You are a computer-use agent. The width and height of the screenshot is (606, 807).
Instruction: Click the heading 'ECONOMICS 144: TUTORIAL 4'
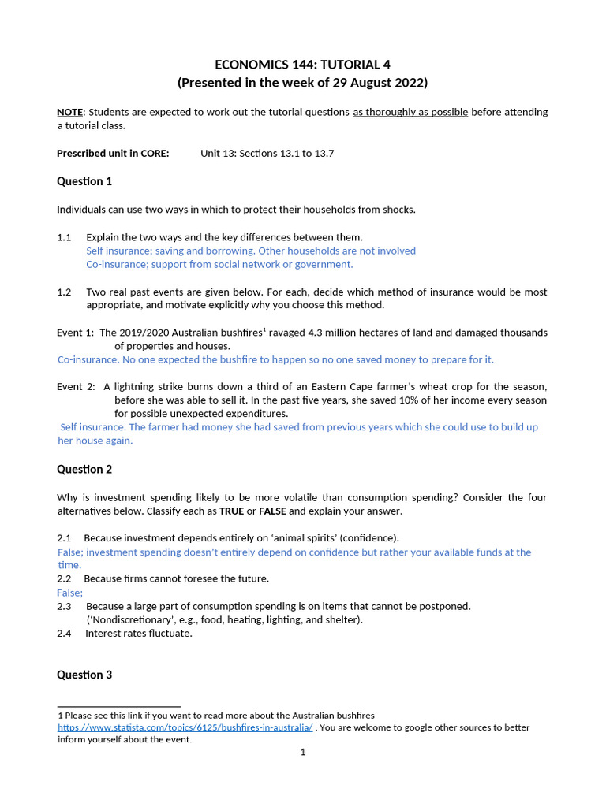click(302, 65)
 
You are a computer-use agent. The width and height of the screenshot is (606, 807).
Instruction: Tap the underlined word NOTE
click(69, 112)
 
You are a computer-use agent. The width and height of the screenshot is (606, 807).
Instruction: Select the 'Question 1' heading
click(84, 181)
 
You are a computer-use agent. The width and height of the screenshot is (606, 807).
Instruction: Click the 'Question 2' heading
click(84, 470)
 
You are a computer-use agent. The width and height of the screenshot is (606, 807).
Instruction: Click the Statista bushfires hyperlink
click(185, 727)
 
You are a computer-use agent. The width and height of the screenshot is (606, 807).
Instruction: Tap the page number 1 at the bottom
click(302, 753)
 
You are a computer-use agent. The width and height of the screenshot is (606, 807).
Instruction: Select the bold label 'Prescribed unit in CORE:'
click(113, 154)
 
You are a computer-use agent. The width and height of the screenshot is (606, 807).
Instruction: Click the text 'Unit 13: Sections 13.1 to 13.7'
click(267, 154)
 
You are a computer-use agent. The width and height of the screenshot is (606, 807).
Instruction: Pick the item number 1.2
click(64, 292)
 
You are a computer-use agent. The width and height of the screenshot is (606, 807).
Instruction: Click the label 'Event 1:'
click(76, 333)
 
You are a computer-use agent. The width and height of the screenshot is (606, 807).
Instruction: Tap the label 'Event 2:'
click(76, 387)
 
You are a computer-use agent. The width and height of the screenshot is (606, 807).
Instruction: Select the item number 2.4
click(64, 634)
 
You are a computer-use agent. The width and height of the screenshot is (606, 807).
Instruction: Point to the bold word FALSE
click(272, 511)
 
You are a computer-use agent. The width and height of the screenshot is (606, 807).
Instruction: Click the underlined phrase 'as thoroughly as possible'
click(410, 112)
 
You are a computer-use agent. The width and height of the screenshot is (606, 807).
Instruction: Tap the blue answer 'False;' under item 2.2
click(70, 593)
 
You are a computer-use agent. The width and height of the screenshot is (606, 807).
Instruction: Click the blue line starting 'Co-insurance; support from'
click(219, 265)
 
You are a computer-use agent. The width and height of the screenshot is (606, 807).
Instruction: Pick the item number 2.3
click(64, 607)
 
